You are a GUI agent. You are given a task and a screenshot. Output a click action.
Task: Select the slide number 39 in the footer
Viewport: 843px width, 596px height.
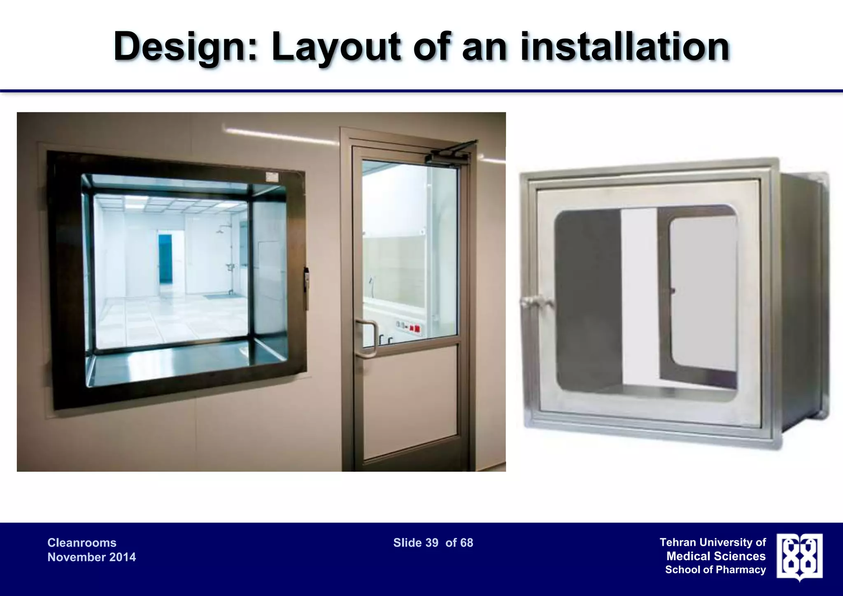click(432, 543)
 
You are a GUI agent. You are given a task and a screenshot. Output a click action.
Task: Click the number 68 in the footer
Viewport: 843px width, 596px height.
click(466, 543)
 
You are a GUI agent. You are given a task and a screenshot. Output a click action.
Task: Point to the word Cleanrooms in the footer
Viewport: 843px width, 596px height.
click(82, 543)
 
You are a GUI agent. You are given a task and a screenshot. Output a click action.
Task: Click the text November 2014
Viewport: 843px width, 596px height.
click(91, 557)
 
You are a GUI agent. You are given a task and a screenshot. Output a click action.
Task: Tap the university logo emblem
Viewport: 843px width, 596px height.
click(799, 556)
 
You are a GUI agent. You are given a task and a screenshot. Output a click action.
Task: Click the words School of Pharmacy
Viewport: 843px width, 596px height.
click(715, 570)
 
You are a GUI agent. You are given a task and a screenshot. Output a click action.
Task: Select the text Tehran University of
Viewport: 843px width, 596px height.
click(713, 542)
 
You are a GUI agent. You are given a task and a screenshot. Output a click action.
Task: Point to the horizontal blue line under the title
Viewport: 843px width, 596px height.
click(421, 91)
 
